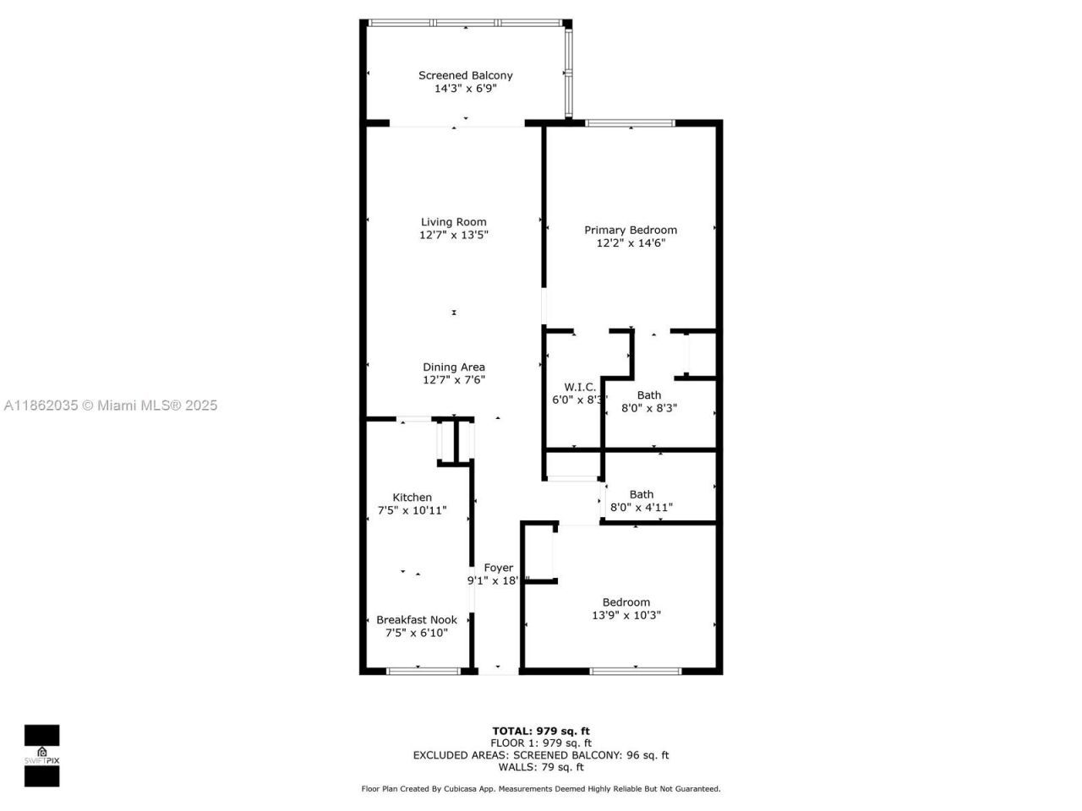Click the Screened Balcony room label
[465, 75]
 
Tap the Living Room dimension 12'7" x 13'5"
[454, 235]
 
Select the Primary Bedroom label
[631, 230]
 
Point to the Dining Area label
[454, 367]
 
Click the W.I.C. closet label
[580, 387]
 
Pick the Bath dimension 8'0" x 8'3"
[649, 408]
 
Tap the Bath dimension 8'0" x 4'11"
[641, 508]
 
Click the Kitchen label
[412, 498]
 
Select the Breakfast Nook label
[417, 619]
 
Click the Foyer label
[498, 568]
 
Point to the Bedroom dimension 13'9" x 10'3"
[626, 616]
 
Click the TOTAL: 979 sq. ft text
[541, 731]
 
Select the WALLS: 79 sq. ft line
[541, 767]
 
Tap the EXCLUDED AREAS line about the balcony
[541, 755]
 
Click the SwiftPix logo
[41, 755]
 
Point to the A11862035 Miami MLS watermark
[111, 405]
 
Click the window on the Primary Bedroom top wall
[631, 123]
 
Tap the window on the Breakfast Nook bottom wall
[423, 672]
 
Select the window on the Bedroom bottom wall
[635, 672]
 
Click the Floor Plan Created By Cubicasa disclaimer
[541, 789]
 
